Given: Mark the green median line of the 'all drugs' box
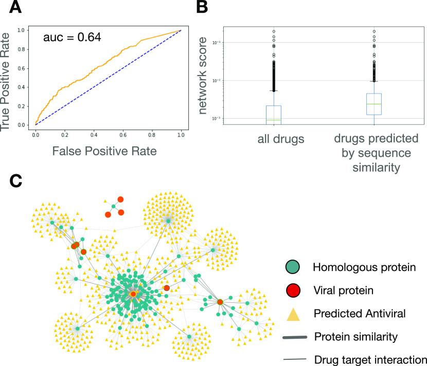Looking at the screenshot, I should pos(273,120).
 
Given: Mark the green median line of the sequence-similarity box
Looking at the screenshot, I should pos(373,104).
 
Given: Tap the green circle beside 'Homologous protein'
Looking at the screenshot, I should pos(294,267).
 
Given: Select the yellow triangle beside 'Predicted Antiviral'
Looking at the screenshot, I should pos(294,313).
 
